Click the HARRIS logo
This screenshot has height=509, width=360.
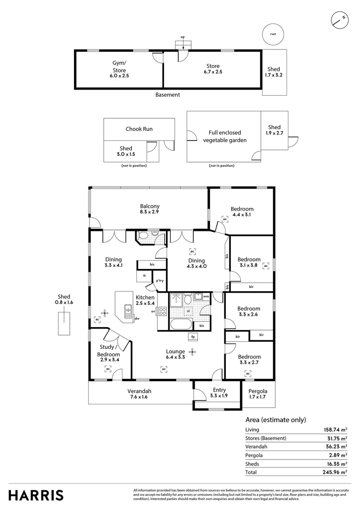click(36, 495)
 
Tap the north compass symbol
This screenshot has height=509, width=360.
click(338, 19)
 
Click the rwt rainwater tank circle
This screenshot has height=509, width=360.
click(273, 33)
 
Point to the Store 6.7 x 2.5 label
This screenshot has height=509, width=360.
click(213, 69)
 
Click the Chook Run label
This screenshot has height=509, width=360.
click(139, 129)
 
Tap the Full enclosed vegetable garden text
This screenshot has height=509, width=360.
click(224, 136)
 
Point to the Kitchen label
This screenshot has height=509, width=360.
click(145, 301)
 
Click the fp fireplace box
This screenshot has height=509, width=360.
click(192, 337)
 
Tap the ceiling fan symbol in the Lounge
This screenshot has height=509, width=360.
click(192, 351)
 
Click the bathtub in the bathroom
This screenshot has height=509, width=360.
click(181, 324)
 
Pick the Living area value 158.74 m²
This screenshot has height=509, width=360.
click(334, 429)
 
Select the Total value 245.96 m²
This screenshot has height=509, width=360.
click(334, 472)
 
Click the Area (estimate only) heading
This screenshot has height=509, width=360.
click(276, 419)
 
